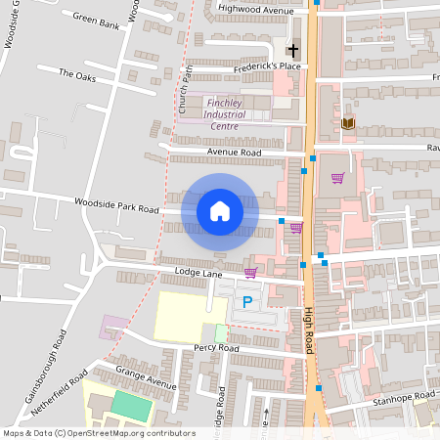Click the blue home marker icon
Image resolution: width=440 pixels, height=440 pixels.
click(x=220, y=211)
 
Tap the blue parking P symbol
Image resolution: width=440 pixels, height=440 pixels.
click(x=247, y=303)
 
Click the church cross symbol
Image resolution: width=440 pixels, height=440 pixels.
click(x=290, y=50)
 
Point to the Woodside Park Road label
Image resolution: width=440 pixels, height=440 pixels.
click(x=115, y=205)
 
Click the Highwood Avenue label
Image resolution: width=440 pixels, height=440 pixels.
click(x=255, y=10)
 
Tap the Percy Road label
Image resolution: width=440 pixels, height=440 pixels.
click(x=217, y=347)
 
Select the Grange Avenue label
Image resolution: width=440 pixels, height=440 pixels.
click(x=145, y=377)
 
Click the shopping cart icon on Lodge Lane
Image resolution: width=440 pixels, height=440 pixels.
click(x=250, y=273)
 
